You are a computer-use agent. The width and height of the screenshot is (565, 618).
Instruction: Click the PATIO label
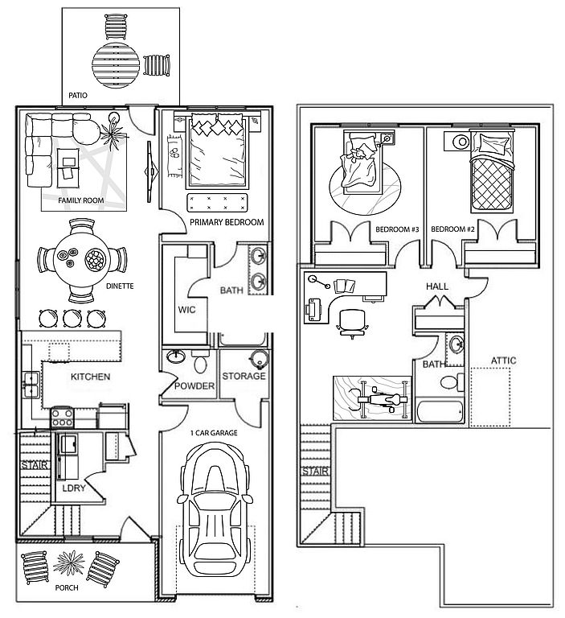(78, 95)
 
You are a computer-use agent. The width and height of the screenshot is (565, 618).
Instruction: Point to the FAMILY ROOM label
(82, 200)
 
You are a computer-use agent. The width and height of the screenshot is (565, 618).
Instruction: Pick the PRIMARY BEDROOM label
(227, 222)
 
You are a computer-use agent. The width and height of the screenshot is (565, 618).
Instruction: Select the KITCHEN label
(90, 377)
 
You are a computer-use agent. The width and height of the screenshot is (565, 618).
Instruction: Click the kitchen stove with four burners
(63, 417)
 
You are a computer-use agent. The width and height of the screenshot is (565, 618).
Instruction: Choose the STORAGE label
(244, 377)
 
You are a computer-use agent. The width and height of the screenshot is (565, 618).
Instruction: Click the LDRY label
(74, 487)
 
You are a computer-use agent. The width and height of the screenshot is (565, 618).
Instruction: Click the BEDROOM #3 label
(397, 230)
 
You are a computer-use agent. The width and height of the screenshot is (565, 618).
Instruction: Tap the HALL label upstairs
(437, 286)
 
